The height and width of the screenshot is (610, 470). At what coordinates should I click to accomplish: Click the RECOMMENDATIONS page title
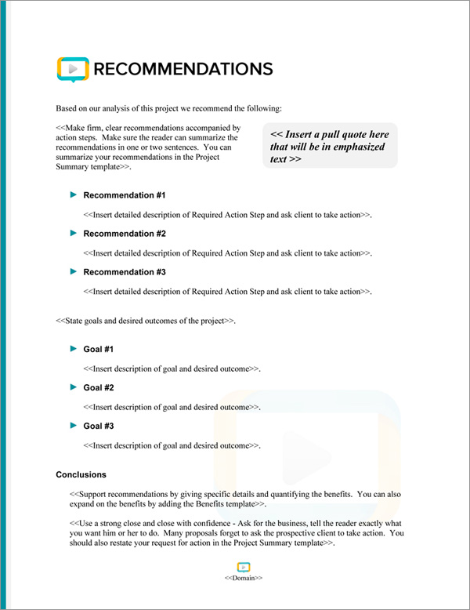[183, 69]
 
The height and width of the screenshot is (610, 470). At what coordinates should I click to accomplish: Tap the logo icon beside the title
[73, 69]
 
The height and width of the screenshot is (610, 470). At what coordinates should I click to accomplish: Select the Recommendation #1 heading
[124, 195]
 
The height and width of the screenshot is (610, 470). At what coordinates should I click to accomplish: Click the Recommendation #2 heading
[124, 234]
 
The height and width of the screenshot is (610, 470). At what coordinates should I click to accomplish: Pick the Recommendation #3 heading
[124, 272]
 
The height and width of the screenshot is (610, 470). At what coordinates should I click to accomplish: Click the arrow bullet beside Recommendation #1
[74, 194]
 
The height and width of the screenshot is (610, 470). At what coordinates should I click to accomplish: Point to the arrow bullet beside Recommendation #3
[74, 271]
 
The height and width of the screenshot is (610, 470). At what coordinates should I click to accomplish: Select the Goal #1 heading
[99, 349]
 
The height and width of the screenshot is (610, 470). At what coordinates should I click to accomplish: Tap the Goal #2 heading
[99, 387]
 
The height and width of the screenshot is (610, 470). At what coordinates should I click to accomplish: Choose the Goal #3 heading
[99, 426]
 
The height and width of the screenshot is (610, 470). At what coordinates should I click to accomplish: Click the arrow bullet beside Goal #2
[74, 387]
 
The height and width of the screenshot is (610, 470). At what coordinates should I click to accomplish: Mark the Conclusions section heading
[81, 474]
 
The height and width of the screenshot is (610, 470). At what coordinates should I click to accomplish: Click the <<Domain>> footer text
[243, 578]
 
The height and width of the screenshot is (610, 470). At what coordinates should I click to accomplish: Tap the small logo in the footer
[243, 567]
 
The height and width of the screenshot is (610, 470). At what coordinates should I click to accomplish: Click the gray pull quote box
[331, 146]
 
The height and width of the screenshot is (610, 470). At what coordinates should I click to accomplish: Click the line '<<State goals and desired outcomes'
[146, 321]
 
